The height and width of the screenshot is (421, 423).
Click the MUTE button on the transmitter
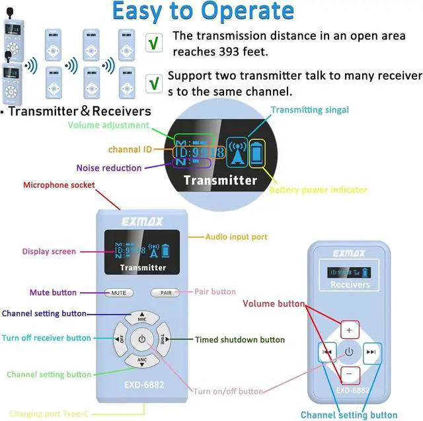pos(119,292)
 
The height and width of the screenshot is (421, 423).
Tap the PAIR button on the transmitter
pos(166,292)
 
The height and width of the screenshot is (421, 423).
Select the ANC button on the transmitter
pos(142,360)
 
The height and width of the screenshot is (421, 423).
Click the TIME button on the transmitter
pos(163,339)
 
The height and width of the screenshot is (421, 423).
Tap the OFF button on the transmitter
pos(121,339)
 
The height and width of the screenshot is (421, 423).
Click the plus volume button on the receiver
pos(350,329)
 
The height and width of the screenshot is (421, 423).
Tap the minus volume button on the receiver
pos(350,373)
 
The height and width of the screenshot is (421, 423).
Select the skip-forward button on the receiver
pos(371,352)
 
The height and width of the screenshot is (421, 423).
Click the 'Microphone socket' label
pos(59,185)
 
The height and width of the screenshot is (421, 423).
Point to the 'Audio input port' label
pos(236,236)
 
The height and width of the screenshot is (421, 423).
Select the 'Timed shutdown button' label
pos(240,340)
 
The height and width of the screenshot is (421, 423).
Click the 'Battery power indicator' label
pos(318,190)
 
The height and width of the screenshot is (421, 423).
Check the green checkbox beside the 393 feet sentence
pos(154,43)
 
